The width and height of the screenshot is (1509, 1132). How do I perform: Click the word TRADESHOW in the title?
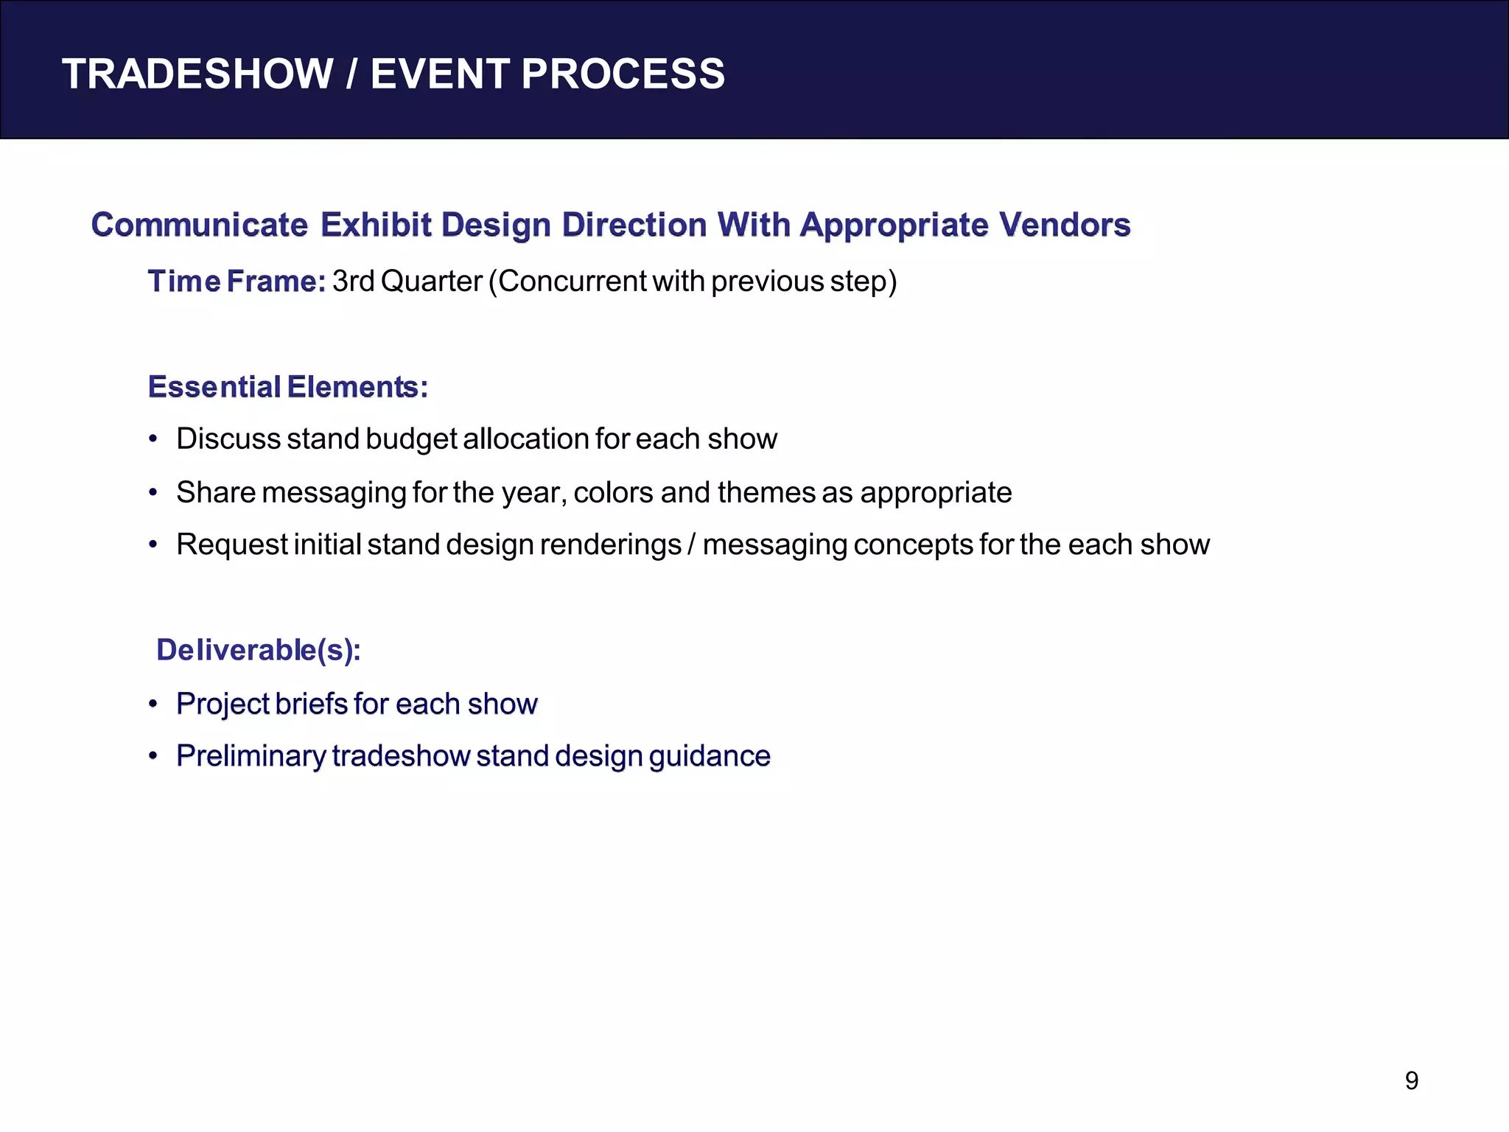[197, 74]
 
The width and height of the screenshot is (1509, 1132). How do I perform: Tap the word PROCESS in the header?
[623, 74]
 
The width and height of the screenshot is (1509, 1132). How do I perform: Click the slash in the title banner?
[352, 74]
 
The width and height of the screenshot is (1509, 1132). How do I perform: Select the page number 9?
[1411, 1080]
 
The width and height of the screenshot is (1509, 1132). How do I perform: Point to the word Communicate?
[199, 225]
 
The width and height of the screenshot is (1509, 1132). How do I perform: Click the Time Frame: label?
[237, 282]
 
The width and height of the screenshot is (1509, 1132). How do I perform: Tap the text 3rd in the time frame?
[354, 282]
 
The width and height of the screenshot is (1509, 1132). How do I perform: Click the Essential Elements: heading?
[287, 387]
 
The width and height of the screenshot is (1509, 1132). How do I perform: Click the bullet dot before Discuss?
[153, 439]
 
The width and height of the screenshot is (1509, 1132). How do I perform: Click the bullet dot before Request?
[153, 545]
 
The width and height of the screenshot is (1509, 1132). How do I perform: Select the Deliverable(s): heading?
[258, 650]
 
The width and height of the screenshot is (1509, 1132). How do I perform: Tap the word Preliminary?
[251, 756]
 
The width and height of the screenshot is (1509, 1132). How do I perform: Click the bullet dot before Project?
[153, 704]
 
